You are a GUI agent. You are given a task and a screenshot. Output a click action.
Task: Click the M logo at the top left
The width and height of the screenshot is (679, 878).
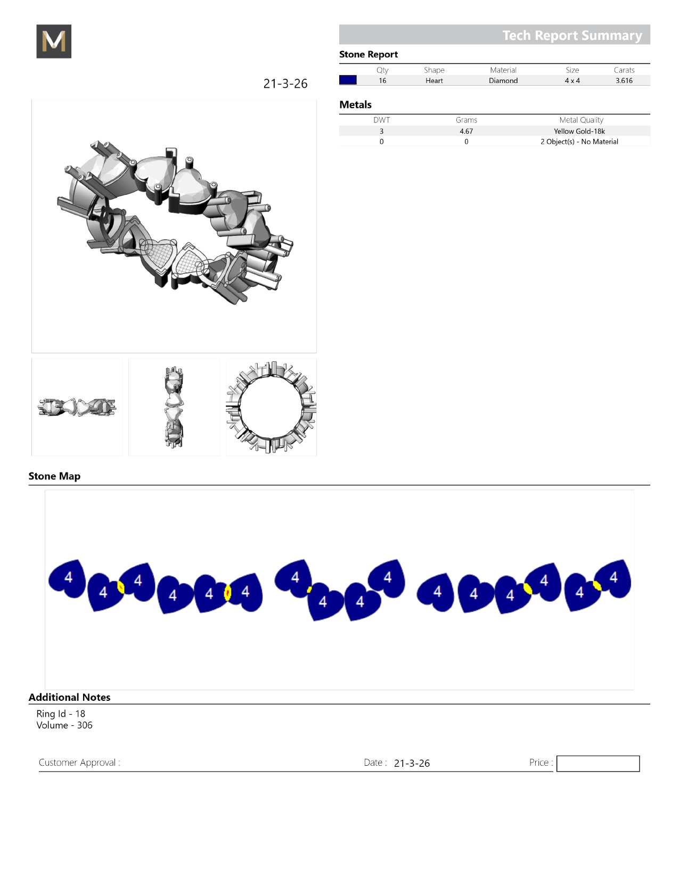[x=54, y=41]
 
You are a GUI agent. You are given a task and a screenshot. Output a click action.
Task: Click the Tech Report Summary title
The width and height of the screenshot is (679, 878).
[x=572, y=36]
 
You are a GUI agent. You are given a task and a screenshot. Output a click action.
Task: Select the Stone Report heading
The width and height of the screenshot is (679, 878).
[x=368, y=55]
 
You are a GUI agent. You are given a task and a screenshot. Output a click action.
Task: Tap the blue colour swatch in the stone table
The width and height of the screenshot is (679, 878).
[x=348, y=80]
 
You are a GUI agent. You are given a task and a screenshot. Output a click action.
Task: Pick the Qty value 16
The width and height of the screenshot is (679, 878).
[x=382, y=80]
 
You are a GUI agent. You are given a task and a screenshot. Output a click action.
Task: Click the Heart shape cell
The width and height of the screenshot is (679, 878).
[x=434, y=80]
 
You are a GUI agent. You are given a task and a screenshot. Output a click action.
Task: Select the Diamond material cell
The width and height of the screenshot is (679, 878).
[x=503, y=80]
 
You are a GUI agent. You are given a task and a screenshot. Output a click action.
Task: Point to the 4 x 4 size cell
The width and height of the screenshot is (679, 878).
[x=572, y=80]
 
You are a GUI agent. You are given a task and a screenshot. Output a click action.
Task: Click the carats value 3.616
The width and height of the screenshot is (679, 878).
[x=624, y=80]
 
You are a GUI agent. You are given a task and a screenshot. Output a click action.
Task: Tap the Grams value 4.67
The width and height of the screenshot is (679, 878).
[x=467, y=131]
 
